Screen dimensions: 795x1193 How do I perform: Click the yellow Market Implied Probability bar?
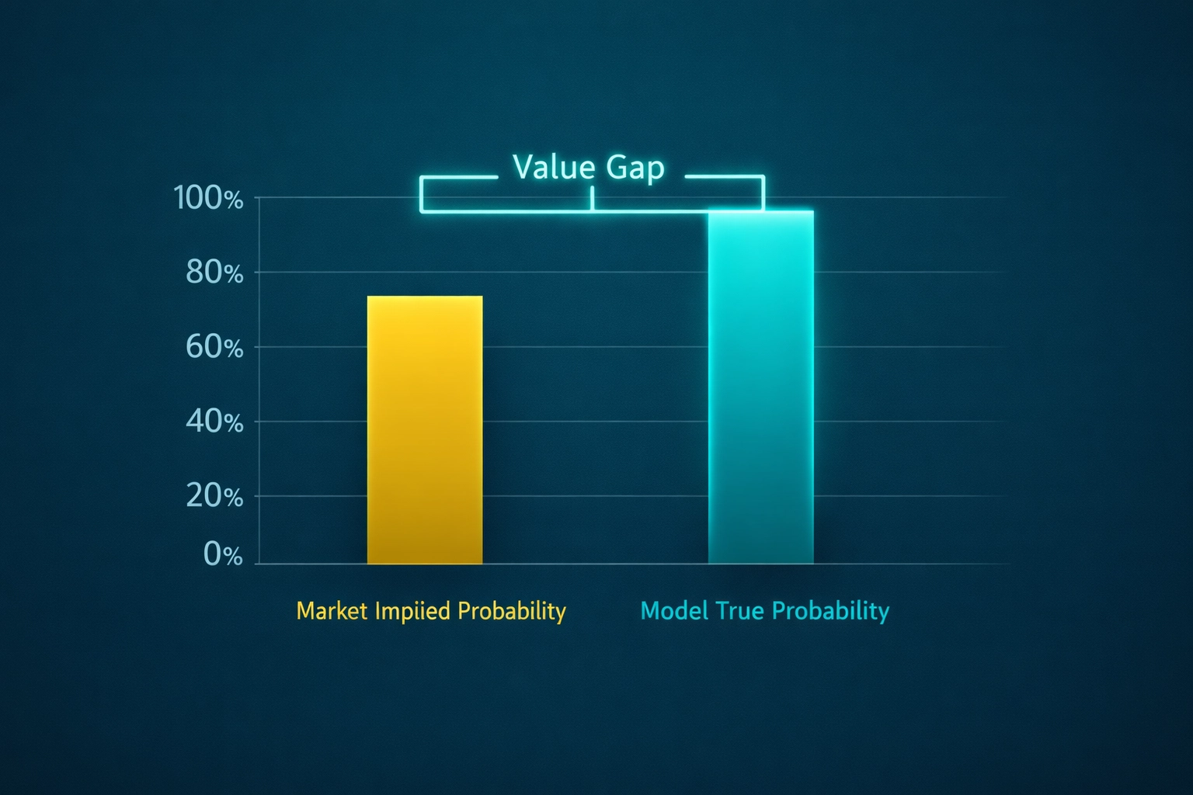[425, 431]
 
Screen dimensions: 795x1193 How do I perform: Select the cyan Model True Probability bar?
[761, 388]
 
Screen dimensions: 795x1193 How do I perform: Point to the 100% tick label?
[208, 198]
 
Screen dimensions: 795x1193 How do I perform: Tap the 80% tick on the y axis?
[214, 273]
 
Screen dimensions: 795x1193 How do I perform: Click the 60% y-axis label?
[214, 347]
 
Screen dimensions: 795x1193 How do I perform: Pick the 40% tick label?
[214, 422]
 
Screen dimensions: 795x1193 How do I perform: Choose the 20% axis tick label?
[214, 495]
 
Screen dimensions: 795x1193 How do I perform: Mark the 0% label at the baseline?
[223, 554]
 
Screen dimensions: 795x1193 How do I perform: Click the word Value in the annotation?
[554, 167]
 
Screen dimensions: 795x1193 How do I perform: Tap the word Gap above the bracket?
[635, 168]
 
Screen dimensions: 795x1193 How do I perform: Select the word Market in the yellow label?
[332, 611]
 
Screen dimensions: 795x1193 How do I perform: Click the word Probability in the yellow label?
[511, 612]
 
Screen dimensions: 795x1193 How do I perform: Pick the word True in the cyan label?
[740, 611]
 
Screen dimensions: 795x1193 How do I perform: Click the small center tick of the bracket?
[592, 200]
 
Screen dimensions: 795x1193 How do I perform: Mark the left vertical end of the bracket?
[421, 194]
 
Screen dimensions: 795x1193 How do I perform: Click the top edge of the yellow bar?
[425, 297]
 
